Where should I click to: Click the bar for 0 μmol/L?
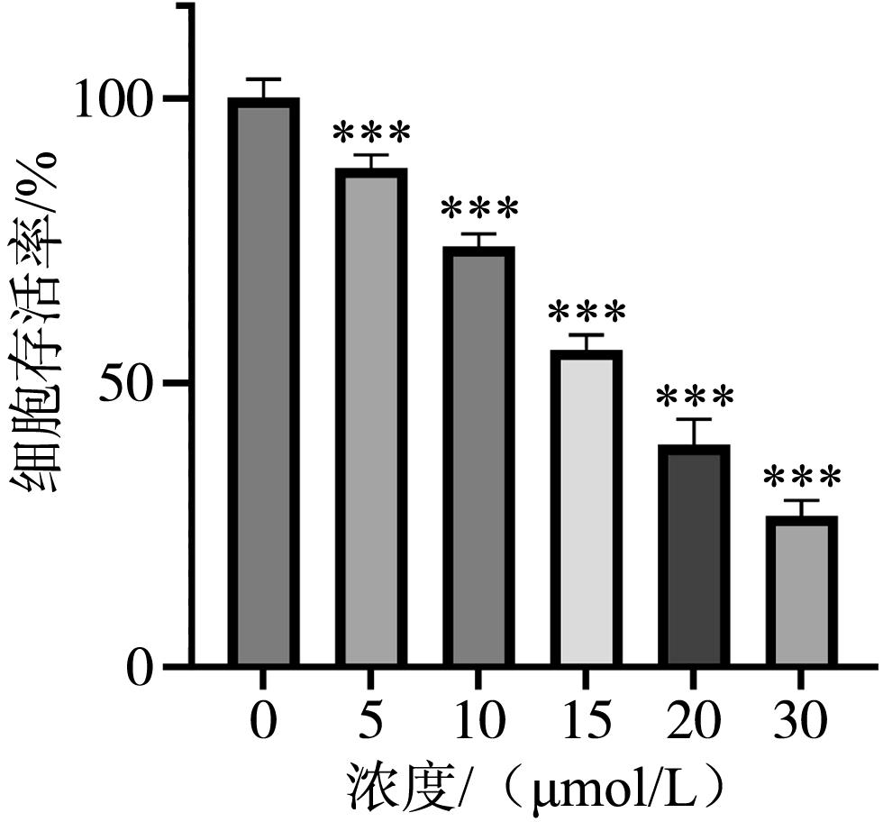(263, 383)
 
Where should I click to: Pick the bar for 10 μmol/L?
(478, 457)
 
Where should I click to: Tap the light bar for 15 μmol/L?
(587, 508)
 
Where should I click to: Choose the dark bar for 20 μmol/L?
(694, 556)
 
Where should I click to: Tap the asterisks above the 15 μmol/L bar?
(587, 315)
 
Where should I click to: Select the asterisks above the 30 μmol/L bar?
(802, 479)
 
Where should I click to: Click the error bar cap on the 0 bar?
(263, 79)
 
